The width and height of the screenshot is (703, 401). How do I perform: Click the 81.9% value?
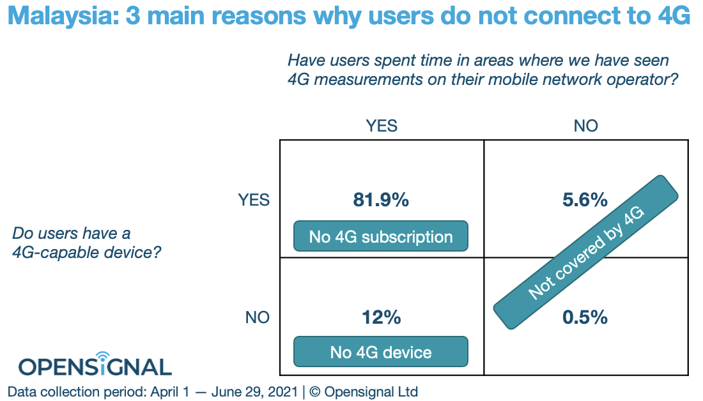tap(381, 200)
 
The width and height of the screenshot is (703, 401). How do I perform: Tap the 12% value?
tap(381, 317)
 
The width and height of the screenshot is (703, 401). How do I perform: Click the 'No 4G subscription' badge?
tap(381, 237)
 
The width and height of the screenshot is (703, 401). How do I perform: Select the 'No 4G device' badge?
tap(381, 352)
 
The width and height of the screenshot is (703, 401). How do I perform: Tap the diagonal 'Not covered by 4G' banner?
tap(585, 253)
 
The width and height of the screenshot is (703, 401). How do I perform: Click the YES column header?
tap(381, 126)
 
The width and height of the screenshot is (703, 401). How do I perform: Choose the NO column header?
tap(585, 126)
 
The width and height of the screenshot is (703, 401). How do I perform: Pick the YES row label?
tap(254, 200)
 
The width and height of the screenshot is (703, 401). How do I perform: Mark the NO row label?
tap(258, 317)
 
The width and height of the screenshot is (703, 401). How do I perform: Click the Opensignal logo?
tap(95, 366)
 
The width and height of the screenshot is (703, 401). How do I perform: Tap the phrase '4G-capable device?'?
tap(86, 253)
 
